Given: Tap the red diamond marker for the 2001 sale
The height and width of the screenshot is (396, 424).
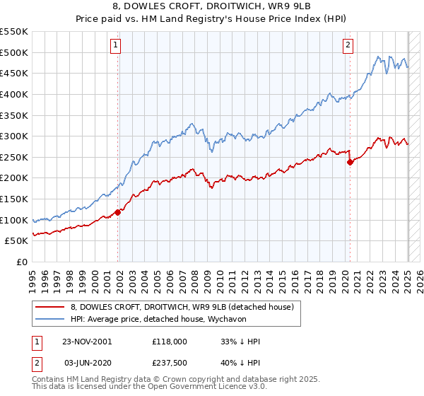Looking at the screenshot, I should pos(118,212).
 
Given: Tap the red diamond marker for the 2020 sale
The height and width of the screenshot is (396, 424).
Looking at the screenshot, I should pos(350,162).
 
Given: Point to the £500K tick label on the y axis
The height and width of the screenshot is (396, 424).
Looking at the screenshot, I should pos(15,52).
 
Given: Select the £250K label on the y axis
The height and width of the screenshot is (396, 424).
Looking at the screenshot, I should pos(15,157).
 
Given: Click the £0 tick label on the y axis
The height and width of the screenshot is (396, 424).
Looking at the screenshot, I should pos(20,262).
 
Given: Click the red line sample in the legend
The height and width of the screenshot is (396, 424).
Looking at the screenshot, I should pos(49,306).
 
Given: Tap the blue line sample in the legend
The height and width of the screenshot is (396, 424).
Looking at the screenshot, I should pos(49,320).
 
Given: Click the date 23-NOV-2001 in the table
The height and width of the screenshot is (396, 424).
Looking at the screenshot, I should pos(88,342).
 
